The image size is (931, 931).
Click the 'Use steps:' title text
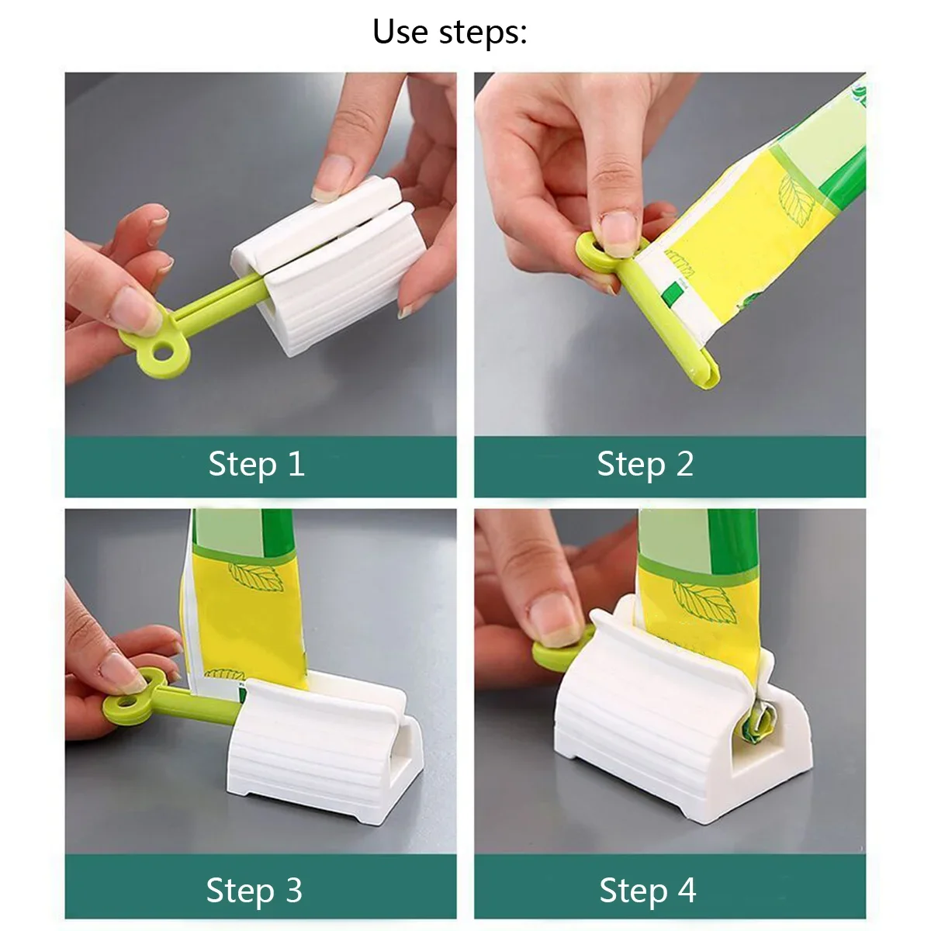[x=450, y=33]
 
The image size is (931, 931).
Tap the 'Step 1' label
[x=256, y=465]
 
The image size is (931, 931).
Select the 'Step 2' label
[x=645, y=465]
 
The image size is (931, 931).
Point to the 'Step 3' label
[x=254, y=891]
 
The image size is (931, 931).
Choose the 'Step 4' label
[x=648, y=891]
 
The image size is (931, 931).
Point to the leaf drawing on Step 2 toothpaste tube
[x=795, y=198]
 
